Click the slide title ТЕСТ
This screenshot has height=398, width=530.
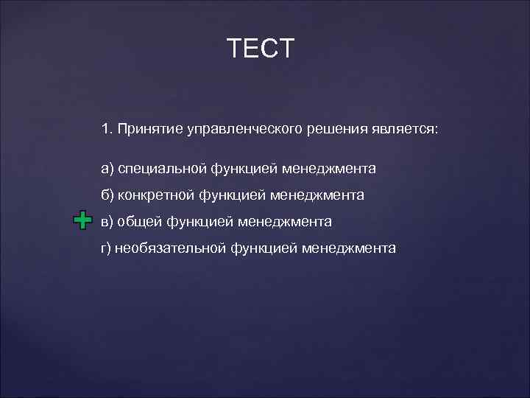261,49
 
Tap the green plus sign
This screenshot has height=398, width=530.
82,221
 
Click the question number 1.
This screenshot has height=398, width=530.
106,129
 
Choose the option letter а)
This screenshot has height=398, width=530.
107,170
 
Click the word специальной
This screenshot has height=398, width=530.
163,170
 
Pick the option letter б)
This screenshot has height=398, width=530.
107,195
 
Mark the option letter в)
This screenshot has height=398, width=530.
107,221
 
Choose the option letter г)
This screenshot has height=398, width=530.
107,248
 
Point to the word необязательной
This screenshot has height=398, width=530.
170,248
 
